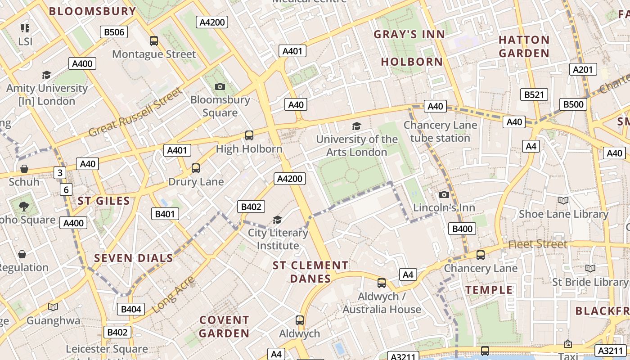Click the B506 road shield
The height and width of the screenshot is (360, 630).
click(113, 32)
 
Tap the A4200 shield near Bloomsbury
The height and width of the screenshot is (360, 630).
click(212, 22)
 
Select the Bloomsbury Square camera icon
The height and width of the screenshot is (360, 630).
click(220, 86)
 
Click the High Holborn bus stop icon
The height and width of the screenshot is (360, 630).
click(249, 135)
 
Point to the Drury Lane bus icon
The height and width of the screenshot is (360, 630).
click(196, 168)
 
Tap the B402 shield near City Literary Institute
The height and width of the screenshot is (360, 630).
click(251, 207)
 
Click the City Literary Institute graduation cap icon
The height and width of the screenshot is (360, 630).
click(278, 220)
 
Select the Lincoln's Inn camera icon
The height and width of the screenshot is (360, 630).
click(444, 194)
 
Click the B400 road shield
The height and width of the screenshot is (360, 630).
click(462, 229)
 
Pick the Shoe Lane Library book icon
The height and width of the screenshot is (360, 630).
click(563, 200)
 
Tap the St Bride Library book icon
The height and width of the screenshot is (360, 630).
click(590, 268)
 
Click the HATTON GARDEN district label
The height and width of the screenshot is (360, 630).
click(524, 46)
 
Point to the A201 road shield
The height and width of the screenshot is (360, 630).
click(584, 69)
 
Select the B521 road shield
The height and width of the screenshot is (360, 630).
click(534, 94)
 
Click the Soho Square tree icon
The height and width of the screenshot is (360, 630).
click(24, 207)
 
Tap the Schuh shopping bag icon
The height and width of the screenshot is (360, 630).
click(24, 169)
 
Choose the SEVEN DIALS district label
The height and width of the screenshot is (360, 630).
click(133, 258)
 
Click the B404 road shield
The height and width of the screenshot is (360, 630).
click(131, 309)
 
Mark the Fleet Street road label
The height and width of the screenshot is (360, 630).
click(538, 244)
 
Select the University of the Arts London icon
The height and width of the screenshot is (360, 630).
click(356, 126)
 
